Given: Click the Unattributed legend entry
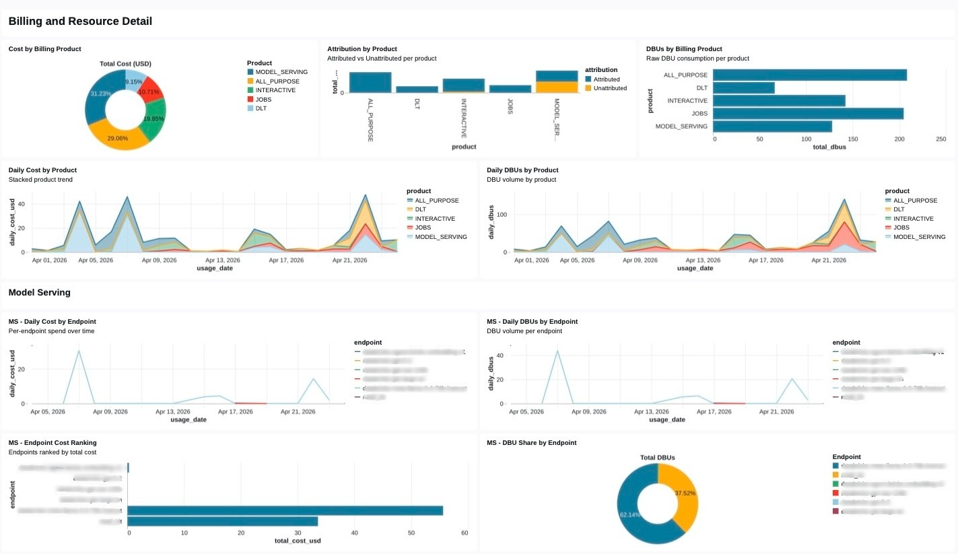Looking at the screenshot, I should [x=610, y=88].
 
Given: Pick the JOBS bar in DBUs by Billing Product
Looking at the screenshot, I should [x=808, y=114].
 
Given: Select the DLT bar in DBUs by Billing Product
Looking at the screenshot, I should [x=744, y=88].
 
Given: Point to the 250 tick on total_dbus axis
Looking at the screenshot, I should [x=941, y=139].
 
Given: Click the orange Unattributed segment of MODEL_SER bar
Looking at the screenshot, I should [x=557, y=87].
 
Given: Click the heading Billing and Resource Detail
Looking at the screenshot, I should [x=80, y=22].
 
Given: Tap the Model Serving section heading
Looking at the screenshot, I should [x=39, y=293].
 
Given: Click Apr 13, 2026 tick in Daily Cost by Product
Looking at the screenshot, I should [x=223, y=260].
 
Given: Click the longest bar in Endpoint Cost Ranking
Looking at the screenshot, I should [x=285, y=510].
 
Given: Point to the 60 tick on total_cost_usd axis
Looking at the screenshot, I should [x=465, y=533].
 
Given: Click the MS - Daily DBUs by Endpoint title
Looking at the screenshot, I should [x=532, y=322].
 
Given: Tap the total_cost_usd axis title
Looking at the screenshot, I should [x=297, y=541].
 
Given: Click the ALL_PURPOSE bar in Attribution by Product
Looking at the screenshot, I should [x=370, y=82].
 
